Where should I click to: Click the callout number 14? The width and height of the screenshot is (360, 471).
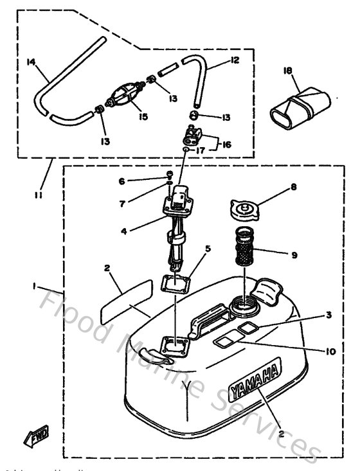point(31,62)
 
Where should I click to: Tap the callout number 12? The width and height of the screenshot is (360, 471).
point(234,60)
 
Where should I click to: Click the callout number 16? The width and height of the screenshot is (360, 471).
point(227,145)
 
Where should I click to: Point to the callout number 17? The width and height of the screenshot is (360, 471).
point(201,152)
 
